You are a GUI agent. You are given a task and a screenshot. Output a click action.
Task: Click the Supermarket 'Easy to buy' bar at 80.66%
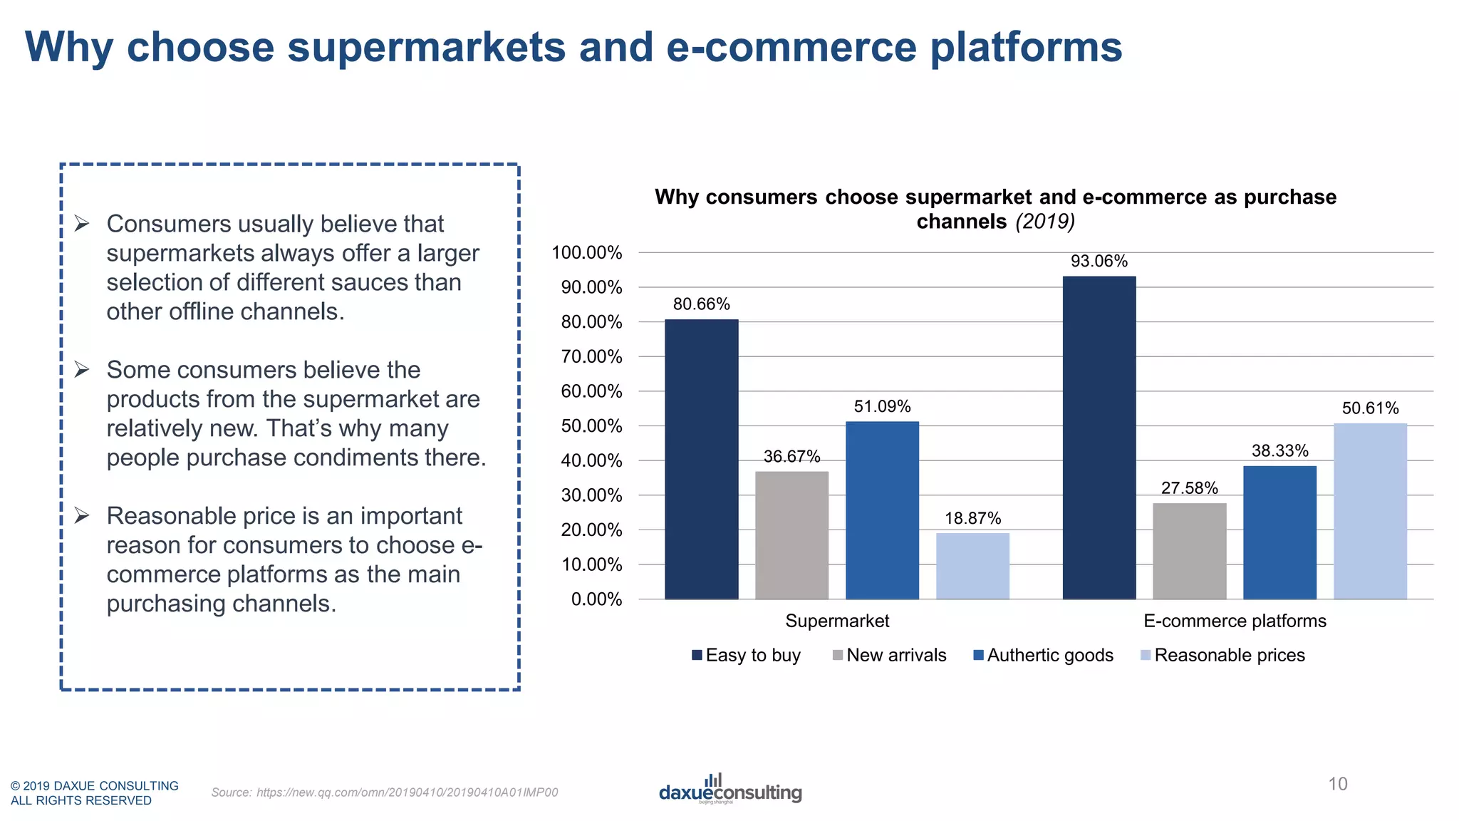(701, 460)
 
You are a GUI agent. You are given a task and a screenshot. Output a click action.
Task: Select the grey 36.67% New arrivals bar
(791, 535)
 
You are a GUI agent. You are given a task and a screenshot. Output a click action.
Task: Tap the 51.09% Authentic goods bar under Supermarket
(882, 510)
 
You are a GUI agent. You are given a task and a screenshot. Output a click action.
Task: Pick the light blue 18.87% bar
(972, 566)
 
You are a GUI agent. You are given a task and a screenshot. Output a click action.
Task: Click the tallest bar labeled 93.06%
(1099, 438)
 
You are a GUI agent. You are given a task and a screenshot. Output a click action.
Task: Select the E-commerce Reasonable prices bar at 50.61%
(1370, 511)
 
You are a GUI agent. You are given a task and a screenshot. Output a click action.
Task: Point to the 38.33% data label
(1279, 450)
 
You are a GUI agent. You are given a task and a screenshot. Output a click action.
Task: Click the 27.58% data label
(1189, 488)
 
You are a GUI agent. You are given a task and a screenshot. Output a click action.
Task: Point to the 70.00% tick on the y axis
(591, 356)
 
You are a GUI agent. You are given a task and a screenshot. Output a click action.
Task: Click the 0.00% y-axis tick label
(596, 599)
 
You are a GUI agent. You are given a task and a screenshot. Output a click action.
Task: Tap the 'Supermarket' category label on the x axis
(837, 621)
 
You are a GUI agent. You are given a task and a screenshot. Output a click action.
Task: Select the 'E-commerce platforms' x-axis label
(1235, 621)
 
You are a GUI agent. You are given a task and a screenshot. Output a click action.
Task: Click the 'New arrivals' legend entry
(895, 655)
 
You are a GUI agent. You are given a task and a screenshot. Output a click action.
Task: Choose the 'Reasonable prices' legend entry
(1229, 655)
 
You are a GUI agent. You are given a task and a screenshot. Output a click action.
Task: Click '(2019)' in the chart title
(1044, 222)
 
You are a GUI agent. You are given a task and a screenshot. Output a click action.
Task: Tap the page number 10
(1337, 784)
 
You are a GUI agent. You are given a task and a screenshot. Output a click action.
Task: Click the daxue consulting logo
(729, 790)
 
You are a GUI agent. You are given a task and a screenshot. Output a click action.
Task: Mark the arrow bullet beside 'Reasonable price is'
(82, 515)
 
